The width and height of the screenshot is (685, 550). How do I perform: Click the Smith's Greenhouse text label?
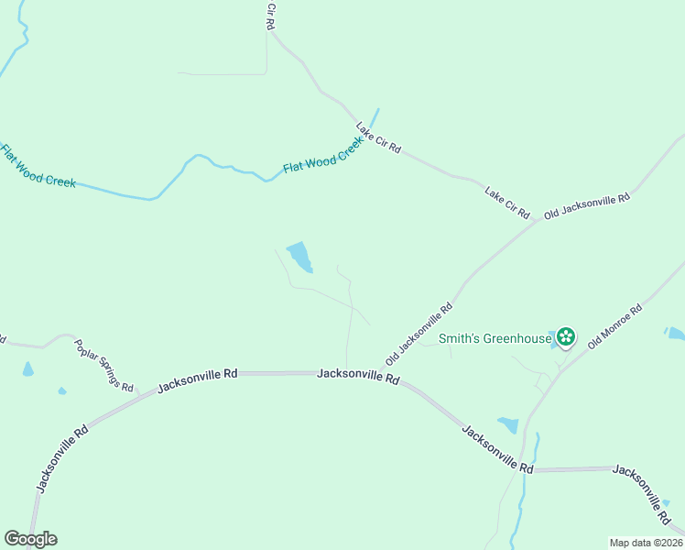(x=495, y=338)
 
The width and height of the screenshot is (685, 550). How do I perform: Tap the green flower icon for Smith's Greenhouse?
(x=566, y=337)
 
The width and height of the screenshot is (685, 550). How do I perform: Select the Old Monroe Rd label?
(x=615, y=325)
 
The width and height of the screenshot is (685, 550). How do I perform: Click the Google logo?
(x=29, y=539)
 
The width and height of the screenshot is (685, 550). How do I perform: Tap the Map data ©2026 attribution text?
(x=646, y=543)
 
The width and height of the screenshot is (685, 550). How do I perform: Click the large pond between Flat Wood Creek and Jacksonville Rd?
(x=299, y=256)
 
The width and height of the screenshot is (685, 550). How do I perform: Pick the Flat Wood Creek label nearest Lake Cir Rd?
(x=323, y=157)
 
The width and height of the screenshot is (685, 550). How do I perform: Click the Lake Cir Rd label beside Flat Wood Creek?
(x=378, y=137)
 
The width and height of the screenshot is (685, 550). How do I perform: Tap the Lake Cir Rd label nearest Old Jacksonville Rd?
(x=507, y=203)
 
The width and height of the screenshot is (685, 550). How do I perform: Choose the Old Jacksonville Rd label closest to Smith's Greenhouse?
(x=419, y=331)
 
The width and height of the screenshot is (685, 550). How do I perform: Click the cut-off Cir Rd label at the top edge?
(x=270, y=16)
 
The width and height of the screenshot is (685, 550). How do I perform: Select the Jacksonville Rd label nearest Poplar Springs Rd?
(x=197, y=379)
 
